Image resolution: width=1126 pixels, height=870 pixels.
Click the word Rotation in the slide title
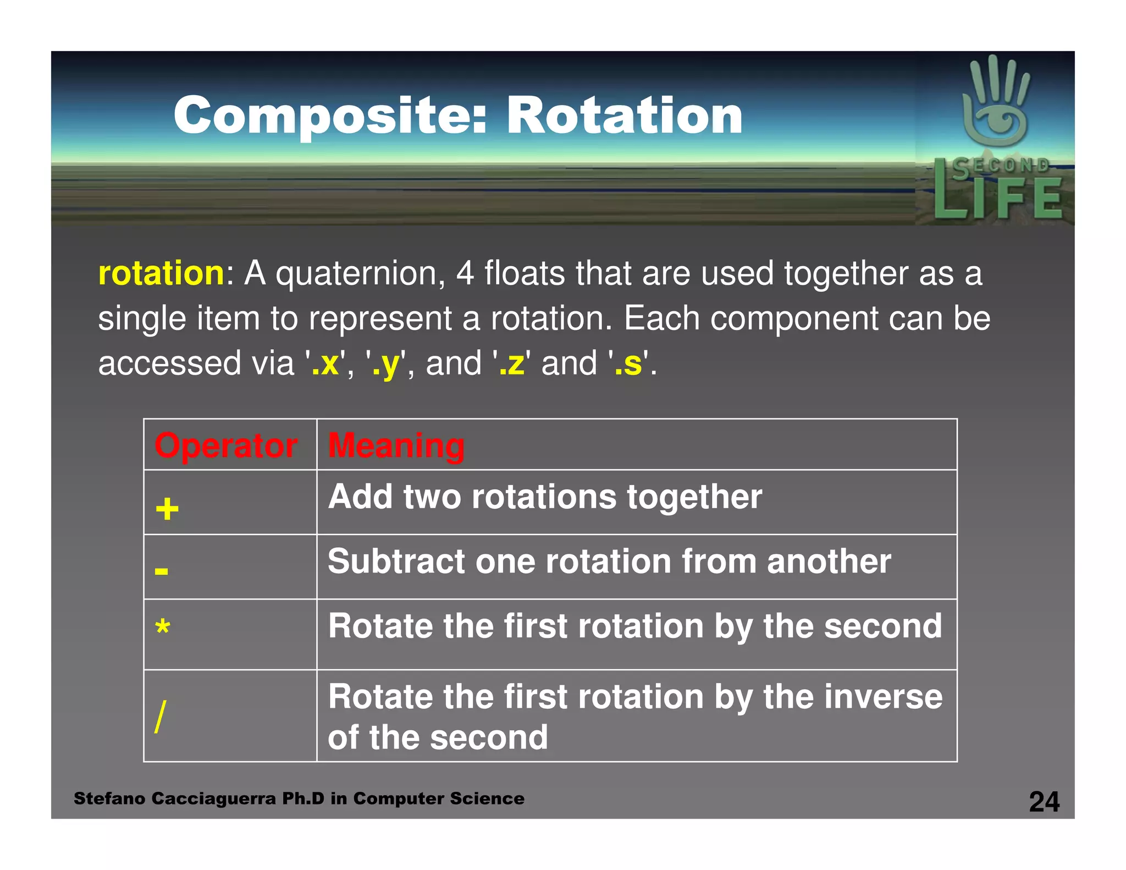624,115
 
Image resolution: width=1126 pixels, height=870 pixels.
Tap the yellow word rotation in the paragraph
161,273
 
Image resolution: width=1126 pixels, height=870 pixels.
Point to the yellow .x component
325,364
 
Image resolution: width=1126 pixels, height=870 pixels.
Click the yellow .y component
386,365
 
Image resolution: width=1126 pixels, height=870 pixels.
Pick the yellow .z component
511,364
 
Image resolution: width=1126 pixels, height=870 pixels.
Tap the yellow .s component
628,364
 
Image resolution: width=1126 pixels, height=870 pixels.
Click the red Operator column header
226,445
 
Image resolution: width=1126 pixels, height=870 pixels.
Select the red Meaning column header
396,445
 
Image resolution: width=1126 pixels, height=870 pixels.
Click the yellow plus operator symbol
167,509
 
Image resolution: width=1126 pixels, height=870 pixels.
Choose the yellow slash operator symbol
160,716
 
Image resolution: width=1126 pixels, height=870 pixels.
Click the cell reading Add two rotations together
544,497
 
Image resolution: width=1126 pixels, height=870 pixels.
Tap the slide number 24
1044,802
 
